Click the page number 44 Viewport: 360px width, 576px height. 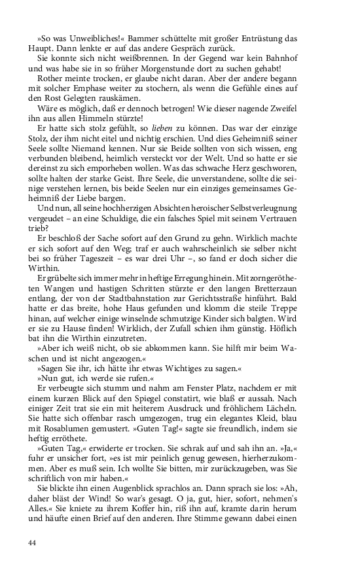pos(33,543)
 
